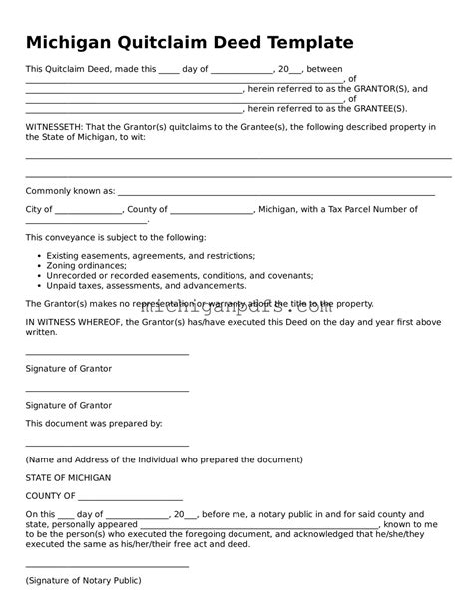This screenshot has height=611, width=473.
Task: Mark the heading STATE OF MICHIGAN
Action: (68, 478)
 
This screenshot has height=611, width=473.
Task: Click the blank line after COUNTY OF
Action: (130, 495)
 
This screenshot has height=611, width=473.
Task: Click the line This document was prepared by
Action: (93, 423)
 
